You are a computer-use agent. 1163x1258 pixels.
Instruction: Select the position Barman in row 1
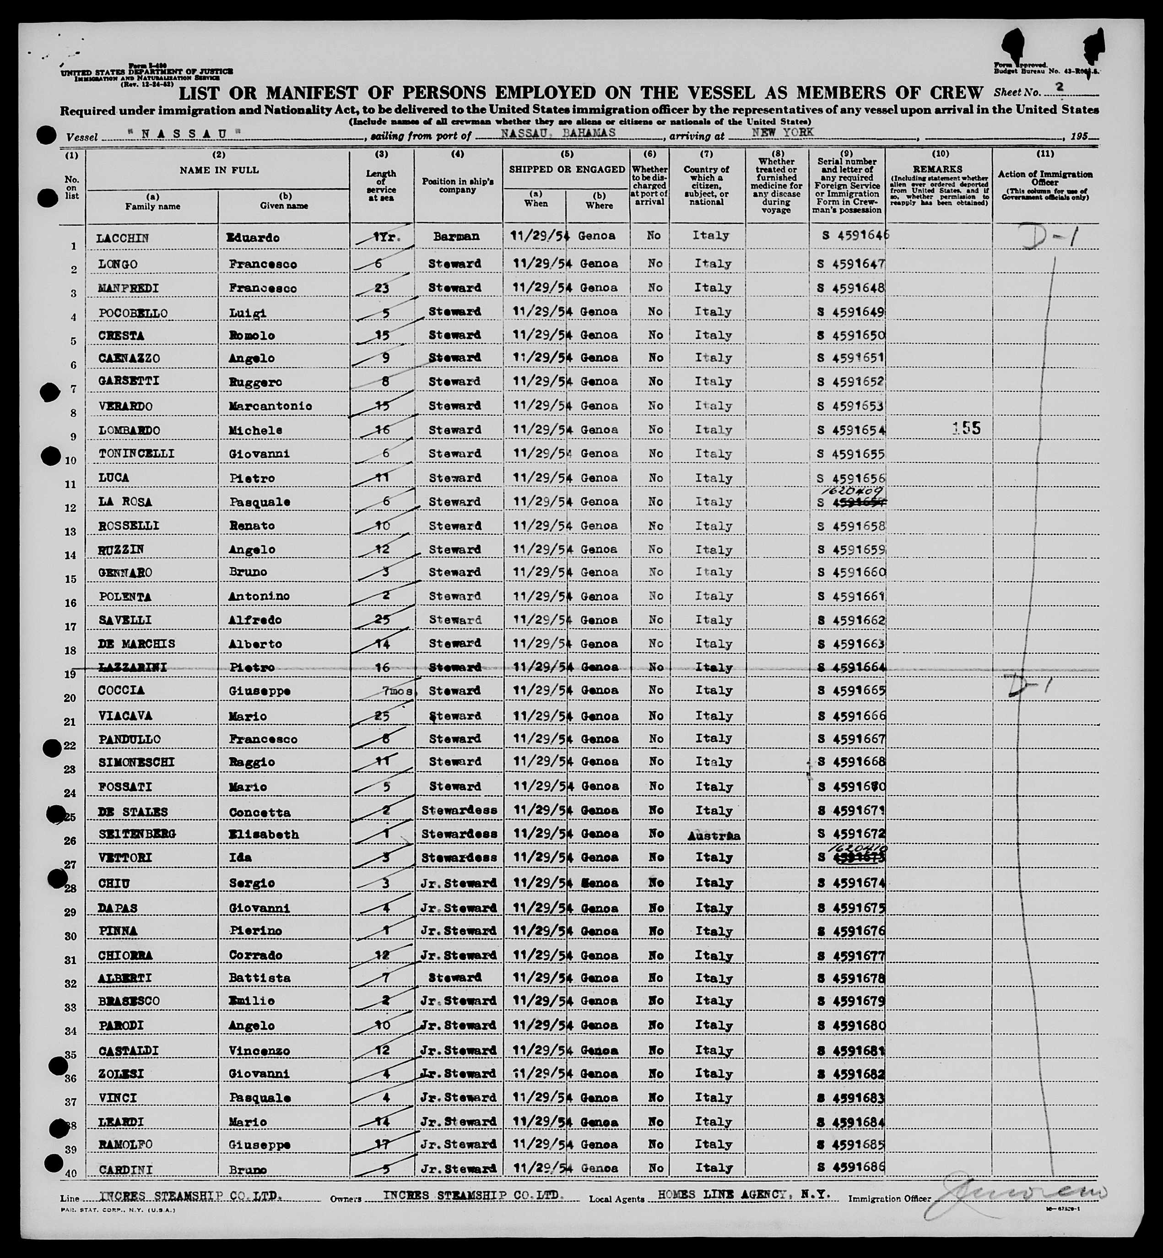(x=456, y=237)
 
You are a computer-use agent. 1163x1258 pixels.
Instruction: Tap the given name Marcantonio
(x=270, y=406)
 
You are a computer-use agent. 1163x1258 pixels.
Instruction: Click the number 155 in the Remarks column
(x=966, y=428)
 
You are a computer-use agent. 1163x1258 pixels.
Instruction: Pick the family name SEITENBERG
(x=136, y=834)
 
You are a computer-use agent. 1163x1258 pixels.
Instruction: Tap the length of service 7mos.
(x=398, y=691)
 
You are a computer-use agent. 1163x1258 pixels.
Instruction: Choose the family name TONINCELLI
(x=136, y=454)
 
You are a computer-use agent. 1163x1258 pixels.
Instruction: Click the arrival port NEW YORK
(x=782, y=132)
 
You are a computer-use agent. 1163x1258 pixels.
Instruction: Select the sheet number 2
(x=1060, y=88)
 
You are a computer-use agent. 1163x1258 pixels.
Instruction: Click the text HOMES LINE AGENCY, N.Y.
(x=744, y=1194)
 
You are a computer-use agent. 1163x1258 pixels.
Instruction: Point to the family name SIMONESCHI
(x=136, y=763)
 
